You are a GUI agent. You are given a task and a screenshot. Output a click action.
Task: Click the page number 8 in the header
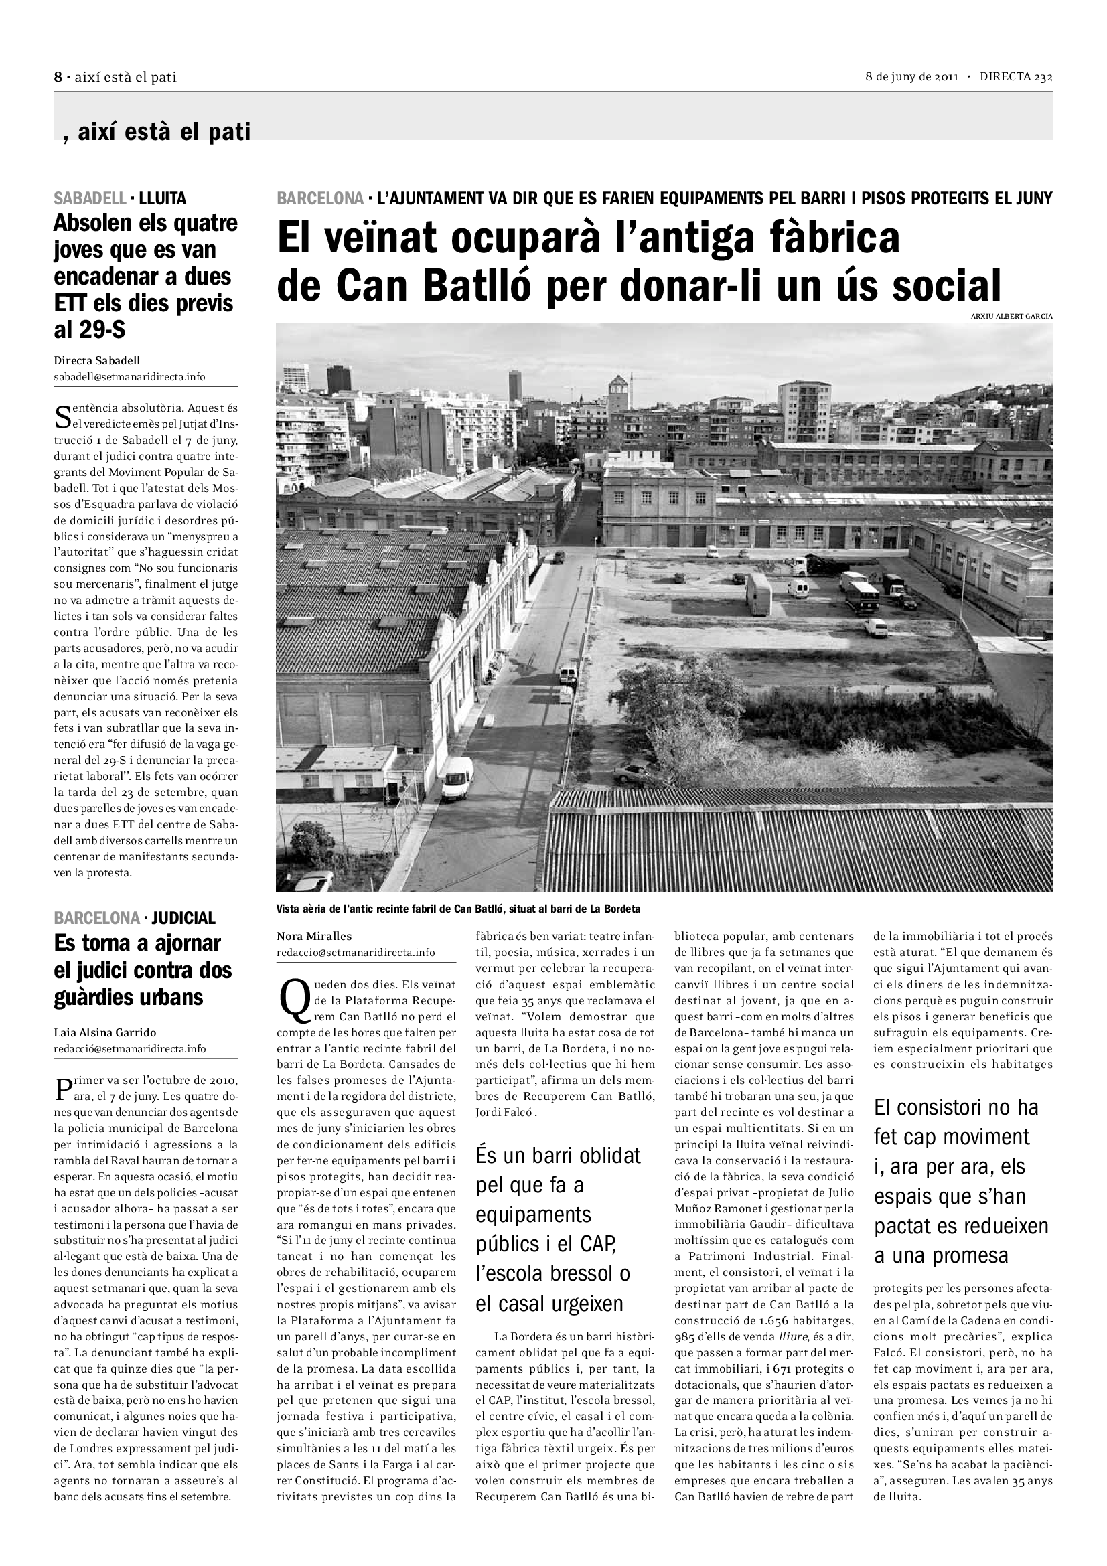point(58,77)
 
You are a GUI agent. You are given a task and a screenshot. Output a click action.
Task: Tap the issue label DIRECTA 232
point(1016,77)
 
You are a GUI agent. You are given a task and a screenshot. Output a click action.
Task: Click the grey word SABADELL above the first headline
point(90,198)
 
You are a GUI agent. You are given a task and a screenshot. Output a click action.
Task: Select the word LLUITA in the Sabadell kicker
point(162,198)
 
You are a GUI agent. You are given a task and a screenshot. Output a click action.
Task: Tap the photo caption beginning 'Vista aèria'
point(458,909)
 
